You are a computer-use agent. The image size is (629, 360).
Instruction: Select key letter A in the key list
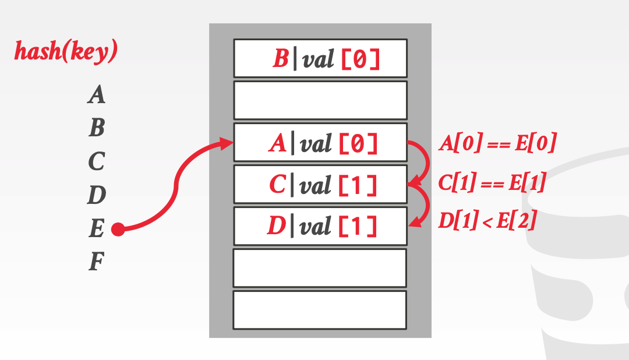click(97, 94)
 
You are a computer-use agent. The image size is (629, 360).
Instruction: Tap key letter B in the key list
click(97, 128)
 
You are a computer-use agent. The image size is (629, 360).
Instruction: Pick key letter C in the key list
click(97, 161)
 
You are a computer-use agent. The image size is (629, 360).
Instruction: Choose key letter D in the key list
click(97, 195)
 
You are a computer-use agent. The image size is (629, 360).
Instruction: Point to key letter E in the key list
click(97, 229)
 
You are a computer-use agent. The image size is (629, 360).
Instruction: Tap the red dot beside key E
click(118, 230)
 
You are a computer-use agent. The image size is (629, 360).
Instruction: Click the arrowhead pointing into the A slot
click(227, 143)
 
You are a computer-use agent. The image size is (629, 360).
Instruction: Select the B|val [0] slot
click(320, 58)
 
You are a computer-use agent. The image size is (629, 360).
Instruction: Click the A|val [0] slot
click(320, 142)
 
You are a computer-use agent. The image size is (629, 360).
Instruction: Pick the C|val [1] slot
click(320, 185)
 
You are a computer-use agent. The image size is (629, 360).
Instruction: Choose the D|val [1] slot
click(320, 226)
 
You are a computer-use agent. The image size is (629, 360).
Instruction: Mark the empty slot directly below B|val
click(320, 100)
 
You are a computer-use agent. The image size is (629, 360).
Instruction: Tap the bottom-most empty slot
click(320, 309)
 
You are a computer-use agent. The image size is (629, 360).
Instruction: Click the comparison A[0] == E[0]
click(497, 143)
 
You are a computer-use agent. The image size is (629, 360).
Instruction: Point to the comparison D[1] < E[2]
click(487, 221)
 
